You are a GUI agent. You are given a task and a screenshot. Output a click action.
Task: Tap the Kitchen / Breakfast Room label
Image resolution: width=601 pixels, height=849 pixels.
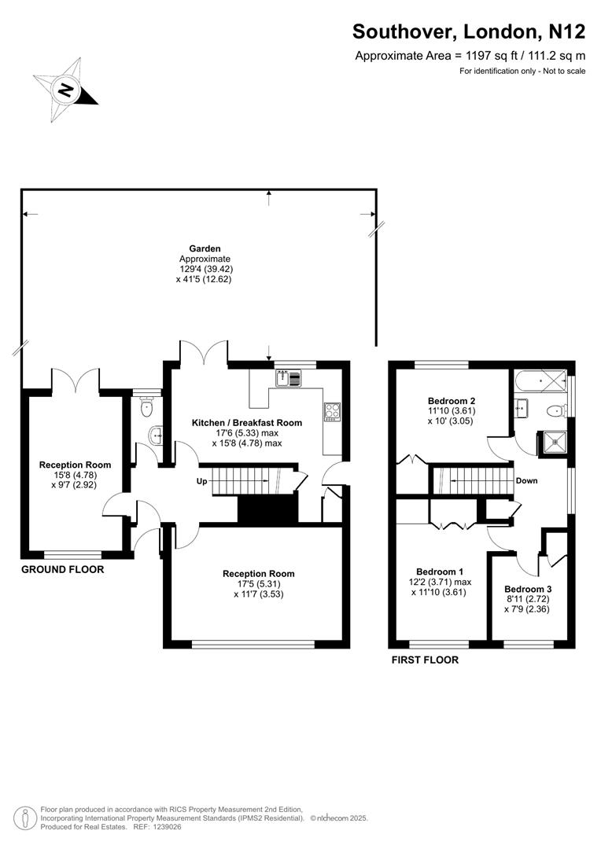(x=247, y=423)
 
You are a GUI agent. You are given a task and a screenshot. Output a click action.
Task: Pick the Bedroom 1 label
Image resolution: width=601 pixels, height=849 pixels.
(x=440, y=572)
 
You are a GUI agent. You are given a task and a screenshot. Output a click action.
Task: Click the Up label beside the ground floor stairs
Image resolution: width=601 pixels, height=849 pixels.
(x=201, y=481)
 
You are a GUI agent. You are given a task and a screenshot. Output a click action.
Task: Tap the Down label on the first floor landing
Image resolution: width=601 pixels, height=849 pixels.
(x=526, y=480)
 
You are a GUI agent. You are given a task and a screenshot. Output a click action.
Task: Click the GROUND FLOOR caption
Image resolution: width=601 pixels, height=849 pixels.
(x=62, y=569)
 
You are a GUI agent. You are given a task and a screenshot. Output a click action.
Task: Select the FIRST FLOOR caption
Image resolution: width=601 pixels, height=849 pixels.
(x=425, y=660)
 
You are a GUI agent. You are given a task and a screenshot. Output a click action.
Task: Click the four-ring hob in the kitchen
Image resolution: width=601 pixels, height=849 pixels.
(x=331, y=411)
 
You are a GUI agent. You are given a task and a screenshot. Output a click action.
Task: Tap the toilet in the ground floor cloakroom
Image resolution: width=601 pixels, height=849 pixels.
(x=144, y=406)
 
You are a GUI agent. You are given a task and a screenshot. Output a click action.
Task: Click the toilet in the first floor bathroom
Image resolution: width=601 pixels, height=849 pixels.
(x=555, y=410)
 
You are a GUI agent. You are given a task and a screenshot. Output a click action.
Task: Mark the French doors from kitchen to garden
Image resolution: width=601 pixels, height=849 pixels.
(x=204, y=352)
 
